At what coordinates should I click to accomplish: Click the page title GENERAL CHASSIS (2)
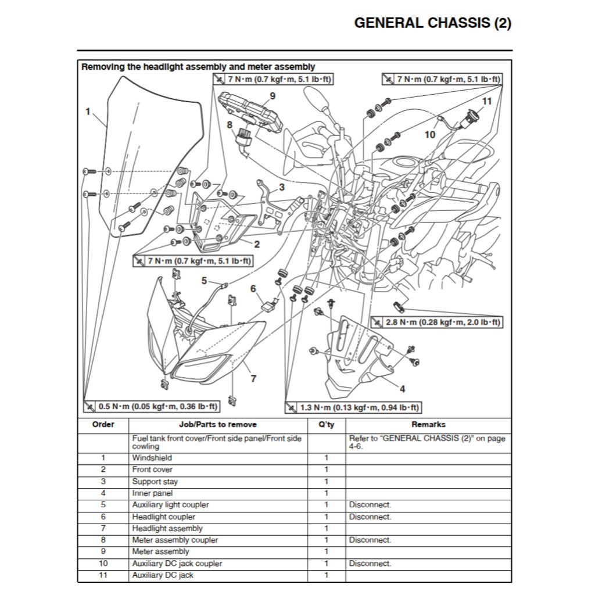pos(433,23)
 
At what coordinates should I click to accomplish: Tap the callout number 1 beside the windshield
pos(88,111)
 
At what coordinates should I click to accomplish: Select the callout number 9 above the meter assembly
pos(272,96)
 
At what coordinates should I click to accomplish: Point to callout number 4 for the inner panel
pos(402,388)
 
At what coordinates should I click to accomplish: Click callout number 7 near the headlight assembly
pos(253,379)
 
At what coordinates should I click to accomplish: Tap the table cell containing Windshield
pos(152,458)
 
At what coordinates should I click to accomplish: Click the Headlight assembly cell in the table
pos(167,528)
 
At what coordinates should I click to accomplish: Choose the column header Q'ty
pos(326,424)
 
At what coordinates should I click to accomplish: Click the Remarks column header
pos(428,424)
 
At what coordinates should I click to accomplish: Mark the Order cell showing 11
pos(103,575)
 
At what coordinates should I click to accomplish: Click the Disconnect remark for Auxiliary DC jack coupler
pos(370,564)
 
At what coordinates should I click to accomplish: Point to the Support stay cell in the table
pos(155,482)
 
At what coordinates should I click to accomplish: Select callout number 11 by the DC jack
pos(487,101)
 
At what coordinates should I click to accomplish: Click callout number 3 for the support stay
pos(281,187)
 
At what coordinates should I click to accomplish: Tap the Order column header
pos(103,424)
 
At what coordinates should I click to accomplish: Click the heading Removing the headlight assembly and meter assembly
pos(198,67)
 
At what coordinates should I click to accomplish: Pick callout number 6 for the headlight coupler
pos(253,289)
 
